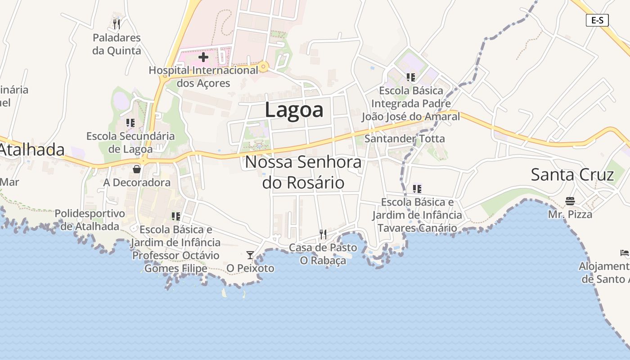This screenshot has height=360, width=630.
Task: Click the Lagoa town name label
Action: point(294,110)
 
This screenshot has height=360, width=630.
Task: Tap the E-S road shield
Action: point(597,20)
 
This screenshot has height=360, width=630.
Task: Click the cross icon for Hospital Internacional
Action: point(203,57)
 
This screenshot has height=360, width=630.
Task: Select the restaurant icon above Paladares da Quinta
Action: point(117,24)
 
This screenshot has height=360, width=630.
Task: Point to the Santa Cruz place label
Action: point(572,175)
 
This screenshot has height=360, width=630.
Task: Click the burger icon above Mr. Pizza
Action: point(570,201)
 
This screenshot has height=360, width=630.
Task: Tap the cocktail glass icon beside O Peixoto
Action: point(250,255)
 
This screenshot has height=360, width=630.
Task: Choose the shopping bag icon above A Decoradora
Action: point(137,169)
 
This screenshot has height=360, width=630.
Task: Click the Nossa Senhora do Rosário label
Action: point(303,172)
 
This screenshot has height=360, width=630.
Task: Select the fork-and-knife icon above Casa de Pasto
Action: point(323,234)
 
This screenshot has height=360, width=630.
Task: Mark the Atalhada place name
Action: point(31,150)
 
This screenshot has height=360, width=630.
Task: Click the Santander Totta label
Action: point(404,139)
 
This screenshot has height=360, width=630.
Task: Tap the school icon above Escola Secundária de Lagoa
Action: point(130,122)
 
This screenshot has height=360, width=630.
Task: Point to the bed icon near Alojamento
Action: point(624,253)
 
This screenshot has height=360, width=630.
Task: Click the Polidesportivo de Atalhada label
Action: point(90,219)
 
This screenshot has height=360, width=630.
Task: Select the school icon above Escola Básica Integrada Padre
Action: point(410,77)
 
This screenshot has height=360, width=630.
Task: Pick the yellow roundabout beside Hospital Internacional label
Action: point(264,67)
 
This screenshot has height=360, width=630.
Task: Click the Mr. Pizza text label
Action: point(570,214)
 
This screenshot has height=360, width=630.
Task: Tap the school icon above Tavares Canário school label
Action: point(417,189)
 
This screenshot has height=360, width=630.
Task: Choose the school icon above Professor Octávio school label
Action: point(176,216)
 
